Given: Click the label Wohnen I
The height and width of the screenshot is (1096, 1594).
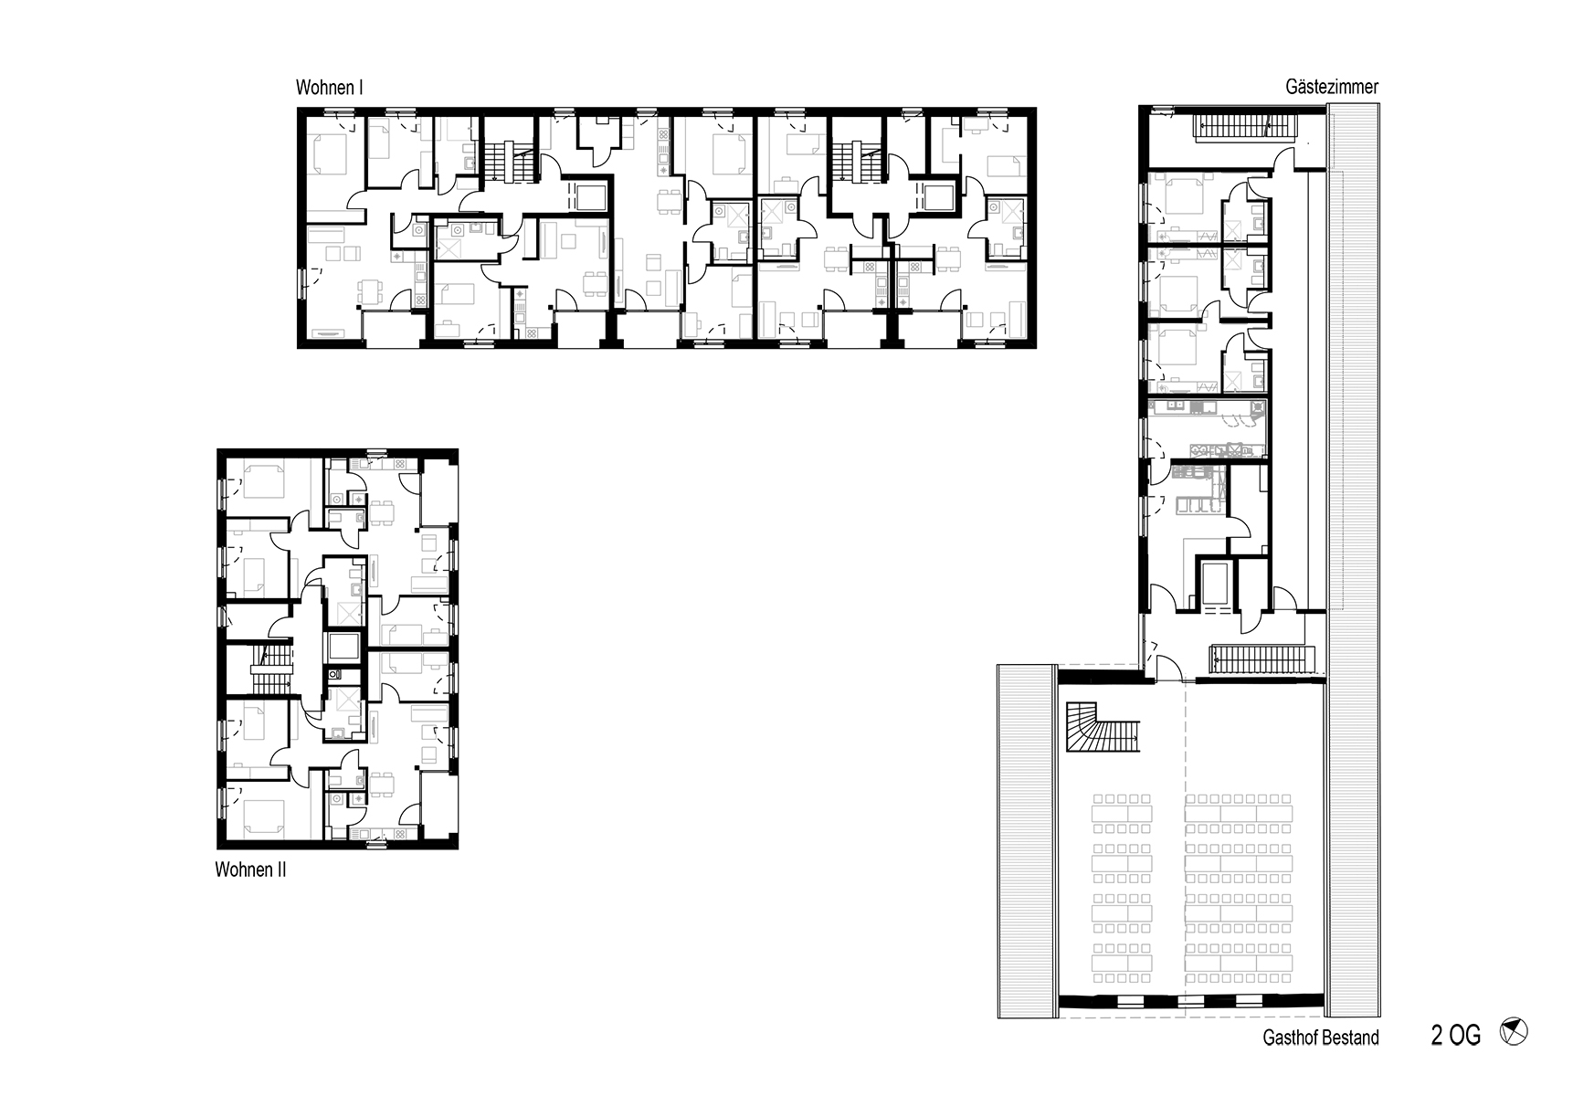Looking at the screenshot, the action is click(x=330, y=89).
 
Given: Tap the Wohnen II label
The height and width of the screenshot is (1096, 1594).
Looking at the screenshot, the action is click(x=250, y=869).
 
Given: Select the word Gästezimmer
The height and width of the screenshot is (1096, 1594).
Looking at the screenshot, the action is click(x=1332, y=88).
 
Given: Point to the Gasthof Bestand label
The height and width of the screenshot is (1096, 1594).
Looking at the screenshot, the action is click(x=1321, y=1038).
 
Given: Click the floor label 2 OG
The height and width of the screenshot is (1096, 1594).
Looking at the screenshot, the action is click(x=1455, y=1036).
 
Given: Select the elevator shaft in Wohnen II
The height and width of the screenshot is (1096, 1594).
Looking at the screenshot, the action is click(x=342, y=648).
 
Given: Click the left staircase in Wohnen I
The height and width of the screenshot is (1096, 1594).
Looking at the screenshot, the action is click(x=500, y=161).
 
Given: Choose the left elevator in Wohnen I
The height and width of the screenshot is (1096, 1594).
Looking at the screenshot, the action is click(x=586, y=196).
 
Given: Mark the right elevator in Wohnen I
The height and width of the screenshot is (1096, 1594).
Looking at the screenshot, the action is click(x=937, y=196).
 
